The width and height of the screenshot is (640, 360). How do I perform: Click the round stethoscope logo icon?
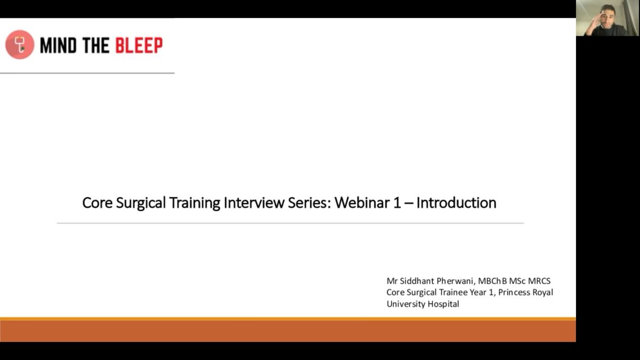pos(20,45)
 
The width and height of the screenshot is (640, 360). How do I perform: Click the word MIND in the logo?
pos(59,45)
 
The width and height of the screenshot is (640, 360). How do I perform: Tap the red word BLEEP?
pos(139,45)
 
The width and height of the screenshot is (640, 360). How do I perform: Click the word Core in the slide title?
pos(97,203)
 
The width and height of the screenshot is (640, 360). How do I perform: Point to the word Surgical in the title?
pos(141,203)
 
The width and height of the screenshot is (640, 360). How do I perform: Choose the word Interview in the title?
pos(254,203)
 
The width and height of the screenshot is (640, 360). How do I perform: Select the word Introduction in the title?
pos(457,203)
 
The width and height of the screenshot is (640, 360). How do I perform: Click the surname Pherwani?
pos(456,281)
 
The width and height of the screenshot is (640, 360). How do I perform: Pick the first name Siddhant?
pos(417,281)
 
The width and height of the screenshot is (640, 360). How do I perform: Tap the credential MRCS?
pos(539,281)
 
